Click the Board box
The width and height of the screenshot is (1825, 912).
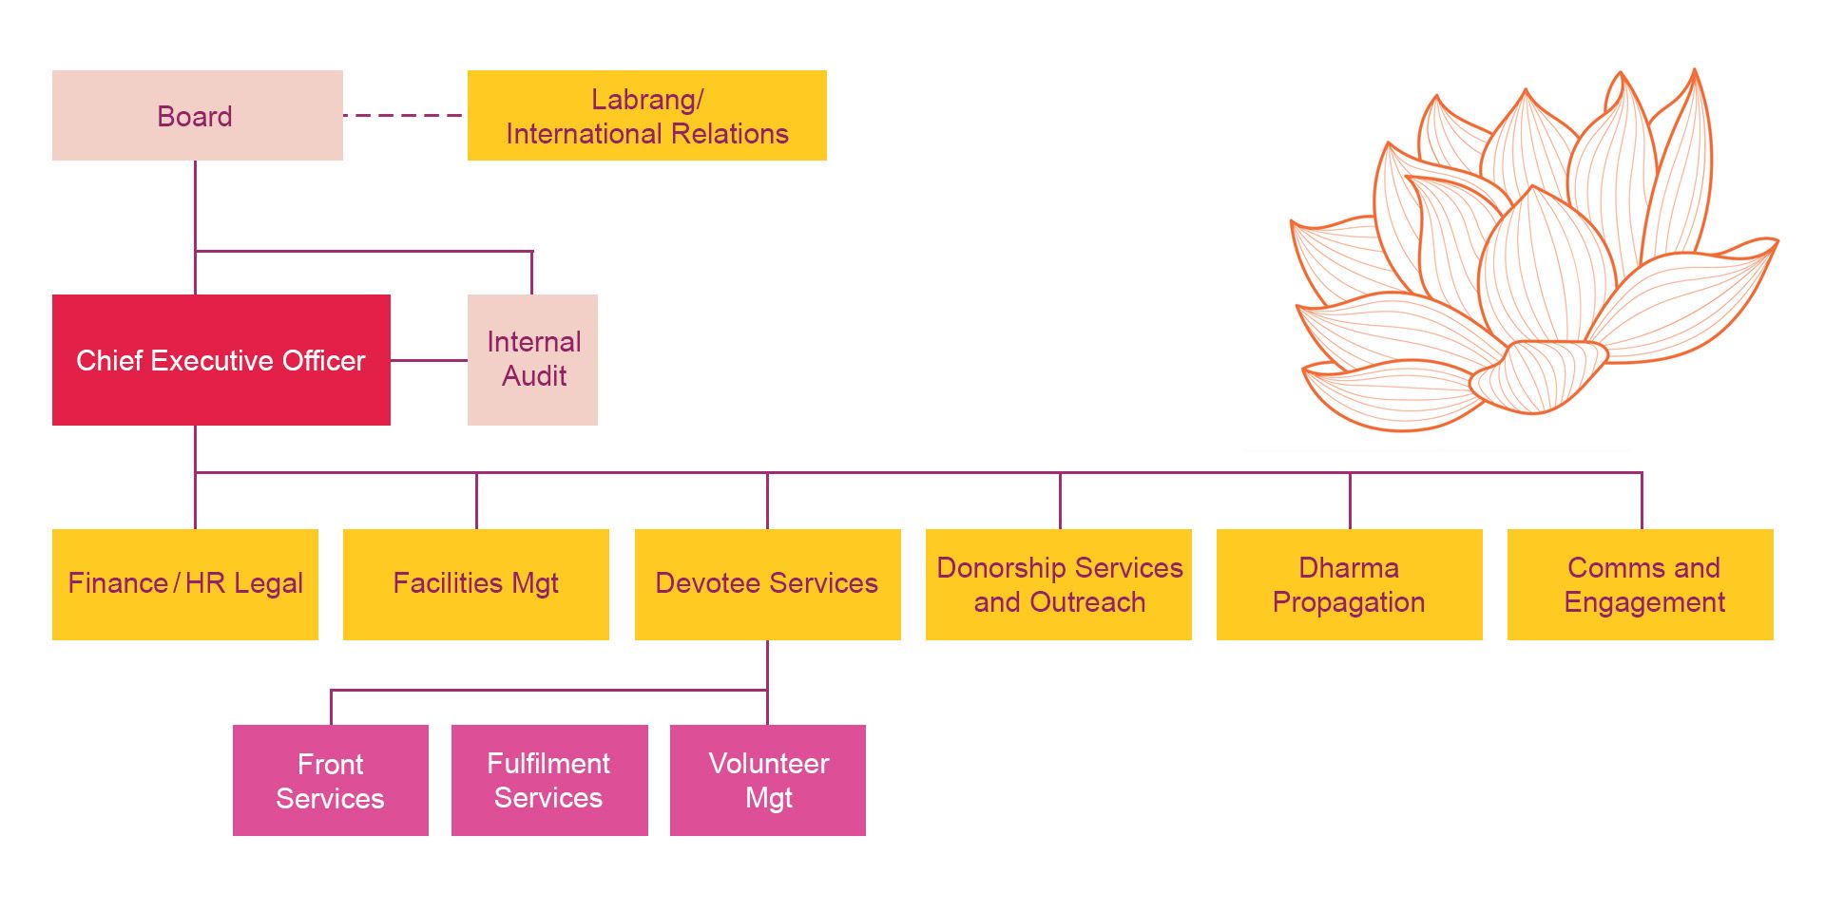tap(197, 115)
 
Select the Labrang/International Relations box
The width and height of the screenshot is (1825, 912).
tap(646, 115)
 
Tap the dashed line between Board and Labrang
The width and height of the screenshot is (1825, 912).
tap(404, 115)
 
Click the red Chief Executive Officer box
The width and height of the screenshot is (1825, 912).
tap(221, 360)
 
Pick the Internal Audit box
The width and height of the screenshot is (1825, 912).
tap(532, 360)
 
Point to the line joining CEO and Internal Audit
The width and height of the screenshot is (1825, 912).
tap(429, 360)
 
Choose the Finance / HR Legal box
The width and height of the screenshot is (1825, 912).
tap(185, 583)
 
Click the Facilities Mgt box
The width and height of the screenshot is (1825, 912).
tap(475, 583)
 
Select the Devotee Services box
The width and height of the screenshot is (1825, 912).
tap(767, 583)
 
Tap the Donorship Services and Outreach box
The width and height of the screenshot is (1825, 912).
tap(1058, 583)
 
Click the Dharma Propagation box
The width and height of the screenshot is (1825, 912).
tap(1349, 583)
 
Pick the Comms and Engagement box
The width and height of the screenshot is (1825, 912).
tap(1641, 583)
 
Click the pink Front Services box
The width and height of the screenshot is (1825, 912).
tap(330, 780)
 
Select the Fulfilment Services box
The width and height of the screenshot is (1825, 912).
tap(549, 780)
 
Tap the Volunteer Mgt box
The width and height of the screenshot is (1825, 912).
tap(768, 780)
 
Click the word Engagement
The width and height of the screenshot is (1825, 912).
tap(1644, 602)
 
